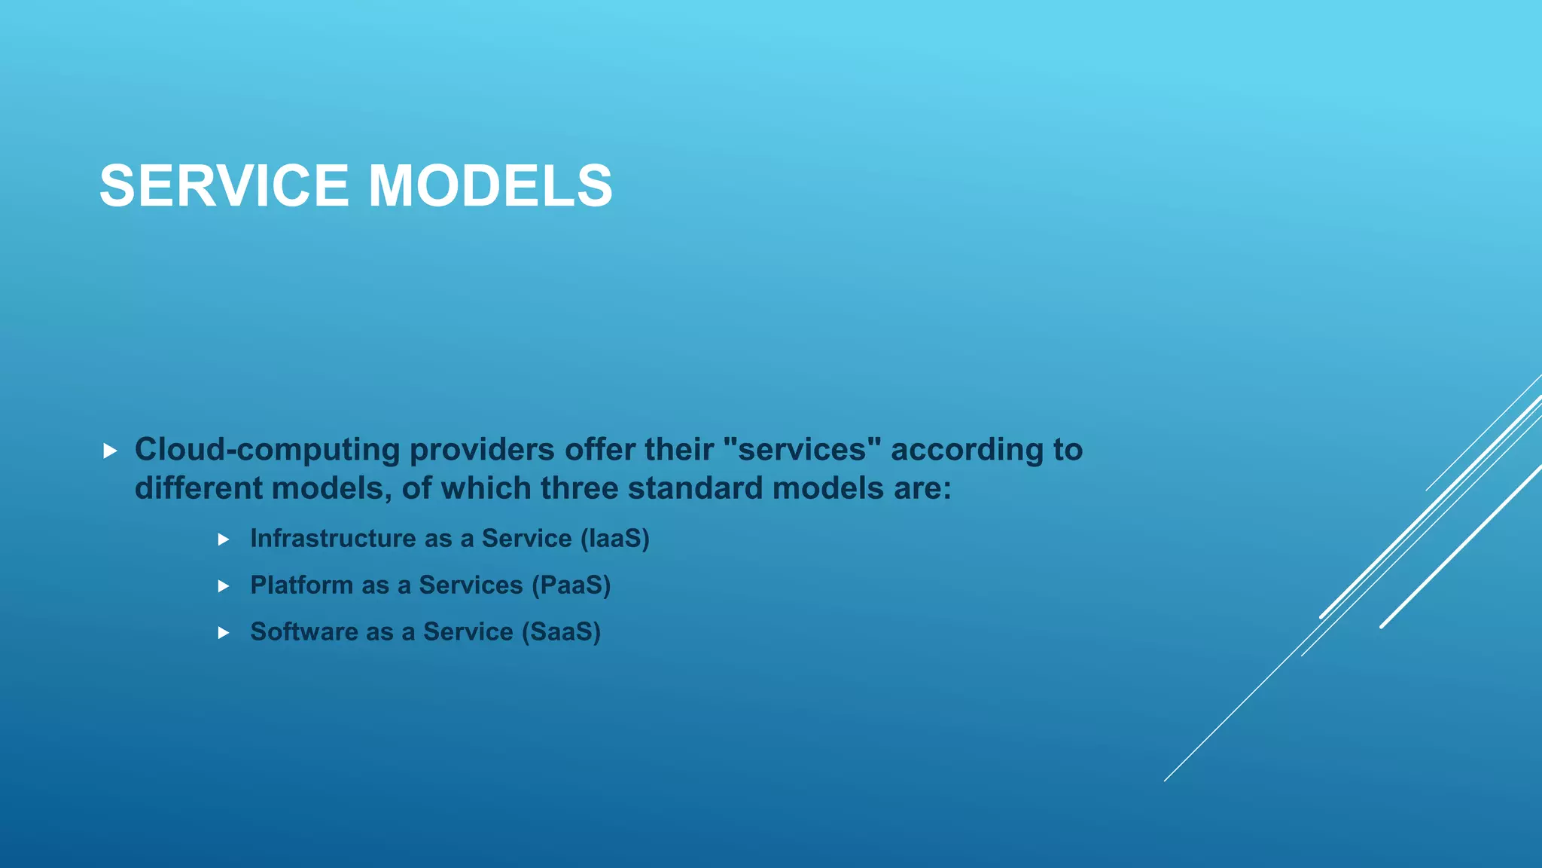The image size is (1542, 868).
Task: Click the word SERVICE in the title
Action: point(224,185)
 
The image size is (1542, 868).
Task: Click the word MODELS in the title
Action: point(490,185)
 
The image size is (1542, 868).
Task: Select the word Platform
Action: point(301,585)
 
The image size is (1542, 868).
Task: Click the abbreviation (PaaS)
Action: point(571,585)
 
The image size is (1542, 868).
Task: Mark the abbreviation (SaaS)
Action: point(561,631)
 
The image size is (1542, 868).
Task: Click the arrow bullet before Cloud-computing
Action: point(110,451)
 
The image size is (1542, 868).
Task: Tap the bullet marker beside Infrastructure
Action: point(223,539)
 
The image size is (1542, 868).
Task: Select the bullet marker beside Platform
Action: point(223,586)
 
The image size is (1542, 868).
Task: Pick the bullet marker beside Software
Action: point(223,633)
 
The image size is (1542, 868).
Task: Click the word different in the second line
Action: point(199,488)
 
